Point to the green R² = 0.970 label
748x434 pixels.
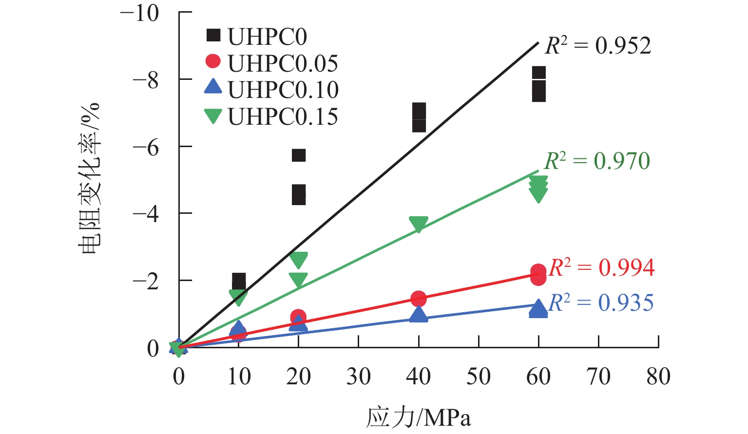pos(597,161)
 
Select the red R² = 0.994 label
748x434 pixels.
pos(601,267)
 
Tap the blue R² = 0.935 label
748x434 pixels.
pos(601,302)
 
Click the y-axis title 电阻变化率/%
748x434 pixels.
pos(89,179)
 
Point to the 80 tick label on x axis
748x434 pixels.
pos(658,377)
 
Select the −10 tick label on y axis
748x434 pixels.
pos(139,13)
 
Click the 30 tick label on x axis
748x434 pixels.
pos(359,377)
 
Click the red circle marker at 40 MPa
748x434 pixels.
pos(419,299)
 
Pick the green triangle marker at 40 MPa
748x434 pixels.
pos(419,224)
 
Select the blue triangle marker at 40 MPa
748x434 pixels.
pos(419,314)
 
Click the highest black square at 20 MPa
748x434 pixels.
pos(299,155)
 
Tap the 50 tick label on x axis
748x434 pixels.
pos(479,377)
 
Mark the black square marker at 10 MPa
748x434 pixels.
pos(239,281)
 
